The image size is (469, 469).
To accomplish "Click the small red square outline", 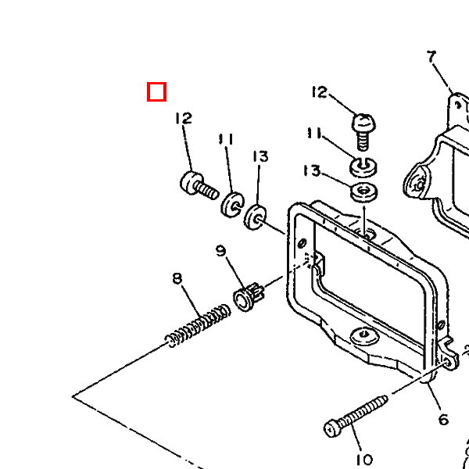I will [x=156, y=92].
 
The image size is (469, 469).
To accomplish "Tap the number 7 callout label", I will [x=431, y=56].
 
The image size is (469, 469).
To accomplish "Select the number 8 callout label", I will [x=177, y=278].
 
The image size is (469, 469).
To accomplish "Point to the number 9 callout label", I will [x=221, y=251].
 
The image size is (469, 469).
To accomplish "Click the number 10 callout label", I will [x=364, y=459].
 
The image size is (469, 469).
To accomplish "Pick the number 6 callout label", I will [x=443, y=420].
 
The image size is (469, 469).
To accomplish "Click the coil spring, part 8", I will [x=199, y=327].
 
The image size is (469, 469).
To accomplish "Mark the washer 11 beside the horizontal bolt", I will [x=231, y=204].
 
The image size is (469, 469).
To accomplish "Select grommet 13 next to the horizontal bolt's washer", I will [x=256, y=217].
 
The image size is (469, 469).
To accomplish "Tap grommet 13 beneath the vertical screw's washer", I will [x=362, y=192].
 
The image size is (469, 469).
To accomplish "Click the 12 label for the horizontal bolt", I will [x=183, y=119].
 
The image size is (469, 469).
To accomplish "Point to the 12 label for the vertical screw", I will [x=319, y=93].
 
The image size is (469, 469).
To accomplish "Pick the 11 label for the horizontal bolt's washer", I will [x=226, y=140].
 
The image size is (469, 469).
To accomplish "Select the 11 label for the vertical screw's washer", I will [x=314, y=134].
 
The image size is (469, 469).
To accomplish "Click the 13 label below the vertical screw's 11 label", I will [x=312, y=170].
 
